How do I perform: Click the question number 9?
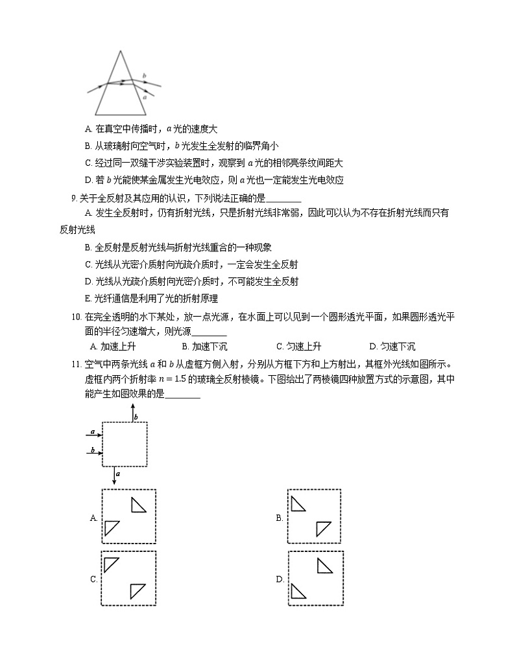(74, 198)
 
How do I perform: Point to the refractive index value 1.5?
(242, 380)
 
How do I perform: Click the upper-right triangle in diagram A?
(139, 505)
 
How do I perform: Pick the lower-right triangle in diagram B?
(324, 529)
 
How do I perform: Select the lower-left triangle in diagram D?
(299, 591)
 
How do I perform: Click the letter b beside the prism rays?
(144, 76)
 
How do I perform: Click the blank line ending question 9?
(283, 198)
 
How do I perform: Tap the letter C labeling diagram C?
(93, 579)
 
